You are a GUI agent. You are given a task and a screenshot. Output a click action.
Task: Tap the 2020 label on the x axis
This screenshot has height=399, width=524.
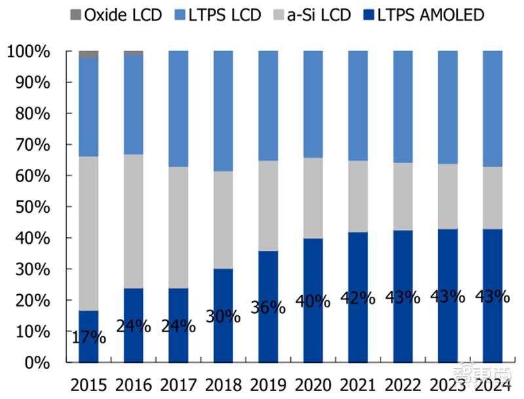pyautogui.click(x=312, y=383)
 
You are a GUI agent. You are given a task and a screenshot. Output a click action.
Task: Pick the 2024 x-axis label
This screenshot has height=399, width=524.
pyautogui.click(x=492, y=383)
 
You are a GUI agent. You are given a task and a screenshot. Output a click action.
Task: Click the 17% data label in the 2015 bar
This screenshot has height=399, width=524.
pyautogui.click(x=88, y=337)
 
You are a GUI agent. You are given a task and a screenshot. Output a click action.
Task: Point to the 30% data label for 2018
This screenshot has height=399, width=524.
pyautogui.click(x=223, y=316)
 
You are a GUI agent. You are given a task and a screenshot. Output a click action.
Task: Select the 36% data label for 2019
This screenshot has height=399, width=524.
pyautogui.click(x=268, y=307)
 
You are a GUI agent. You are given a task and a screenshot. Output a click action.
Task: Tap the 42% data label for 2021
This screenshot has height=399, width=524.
pyautogui.click(x=358, y=297)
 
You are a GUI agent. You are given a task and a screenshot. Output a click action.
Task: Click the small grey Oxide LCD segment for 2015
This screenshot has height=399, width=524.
pyautogui.click(x=88, y=54)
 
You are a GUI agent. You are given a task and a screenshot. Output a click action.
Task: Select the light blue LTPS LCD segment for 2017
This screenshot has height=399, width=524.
pyautogui.click(x=178, y=109)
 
